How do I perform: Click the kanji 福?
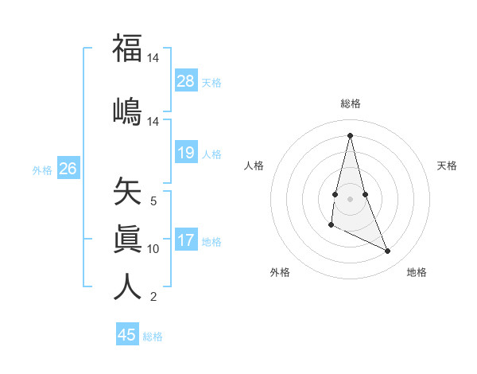click(x=127, y=49)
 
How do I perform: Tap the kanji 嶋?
click(x=127, y=111)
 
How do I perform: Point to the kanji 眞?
click(x=127, y=238)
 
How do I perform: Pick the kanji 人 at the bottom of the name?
click(x=127, y=286)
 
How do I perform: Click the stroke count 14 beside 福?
click(x=153, y=59)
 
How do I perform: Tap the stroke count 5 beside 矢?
click(x=153, y=201)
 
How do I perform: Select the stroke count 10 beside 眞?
click(x=153, y=249)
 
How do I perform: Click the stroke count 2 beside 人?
click(x=153, y=297)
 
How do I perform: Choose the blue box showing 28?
click(x=186, y=80)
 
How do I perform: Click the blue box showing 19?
click(x=186, y=152)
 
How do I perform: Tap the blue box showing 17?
click(x=186, y=240)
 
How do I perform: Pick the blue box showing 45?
click(x=127, y=335)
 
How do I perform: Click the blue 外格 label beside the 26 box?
click(x=41, y=169)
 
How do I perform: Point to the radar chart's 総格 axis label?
click(x=351, y=103)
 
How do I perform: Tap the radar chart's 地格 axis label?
click(x=417, y=272)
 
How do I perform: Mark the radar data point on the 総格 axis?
click(x=350, y=135)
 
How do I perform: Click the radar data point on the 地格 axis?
click(x=388, y=251)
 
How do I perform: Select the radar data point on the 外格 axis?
click(x=331, y=225)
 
